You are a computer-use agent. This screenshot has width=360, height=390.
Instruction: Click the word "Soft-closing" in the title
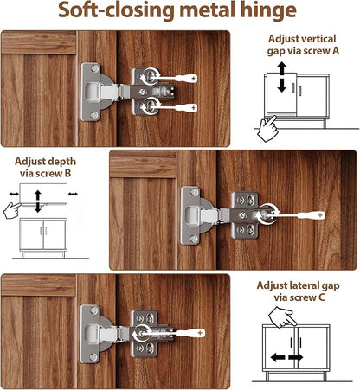click(x=115, y=11)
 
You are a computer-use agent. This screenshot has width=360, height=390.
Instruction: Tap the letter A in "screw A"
click(x=336, y=51)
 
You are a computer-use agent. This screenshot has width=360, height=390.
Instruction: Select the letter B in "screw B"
click(x=67, y=173)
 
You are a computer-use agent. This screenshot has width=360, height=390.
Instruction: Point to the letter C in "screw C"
click(x=321, y=297)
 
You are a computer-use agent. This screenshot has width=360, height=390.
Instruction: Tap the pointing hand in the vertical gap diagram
click(x=267, y=128)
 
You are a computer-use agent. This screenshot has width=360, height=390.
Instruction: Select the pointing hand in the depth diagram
click(x=12, y=210)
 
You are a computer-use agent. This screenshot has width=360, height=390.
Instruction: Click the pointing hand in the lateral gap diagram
click(x=282, y=317)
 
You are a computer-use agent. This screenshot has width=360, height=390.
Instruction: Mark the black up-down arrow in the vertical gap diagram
click(x=282, y=77)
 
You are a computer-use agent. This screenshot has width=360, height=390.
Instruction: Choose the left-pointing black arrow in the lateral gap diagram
click(x=278, y=358)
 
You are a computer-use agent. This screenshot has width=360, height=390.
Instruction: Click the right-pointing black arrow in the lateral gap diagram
click(x=296, y=358)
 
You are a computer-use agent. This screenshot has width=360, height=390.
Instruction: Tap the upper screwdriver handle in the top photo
click(x=187, y=78)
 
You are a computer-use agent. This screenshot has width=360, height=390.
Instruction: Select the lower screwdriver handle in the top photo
click(x=187, y=108)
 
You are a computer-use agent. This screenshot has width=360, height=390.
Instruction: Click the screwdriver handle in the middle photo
click(x=312, y=215)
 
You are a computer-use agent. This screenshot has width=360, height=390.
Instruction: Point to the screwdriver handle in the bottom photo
click(x=190, y=333)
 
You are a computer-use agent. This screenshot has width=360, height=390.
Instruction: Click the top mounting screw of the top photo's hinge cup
click(x=94, y=68)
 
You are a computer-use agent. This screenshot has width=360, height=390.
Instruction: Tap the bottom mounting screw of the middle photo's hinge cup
click(x=194, y=239)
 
